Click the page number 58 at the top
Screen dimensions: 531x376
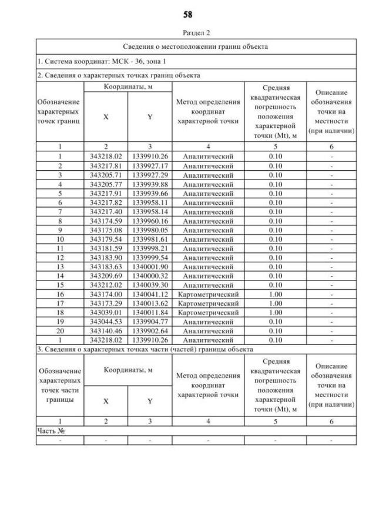[188, 13]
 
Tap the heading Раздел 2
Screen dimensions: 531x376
[188, 34]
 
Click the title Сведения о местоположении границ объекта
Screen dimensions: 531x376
[196, 46]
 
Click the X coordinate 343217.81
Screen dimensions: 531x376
[106, 165]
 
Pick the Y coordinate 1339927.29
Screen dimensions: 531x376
[150, 175]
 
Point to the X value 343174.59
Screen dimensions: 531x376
[106, 221]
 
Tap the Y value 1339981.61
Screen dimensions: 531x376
[150, 239]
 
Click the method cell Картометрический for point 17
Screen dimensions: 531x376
[211, 303]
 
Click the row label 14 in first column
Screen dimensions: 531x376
[59, 276]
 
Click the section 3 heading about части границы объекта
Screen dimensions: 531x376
[145, 349]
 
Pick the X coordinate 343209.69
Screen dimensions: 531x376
[106, 276]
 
